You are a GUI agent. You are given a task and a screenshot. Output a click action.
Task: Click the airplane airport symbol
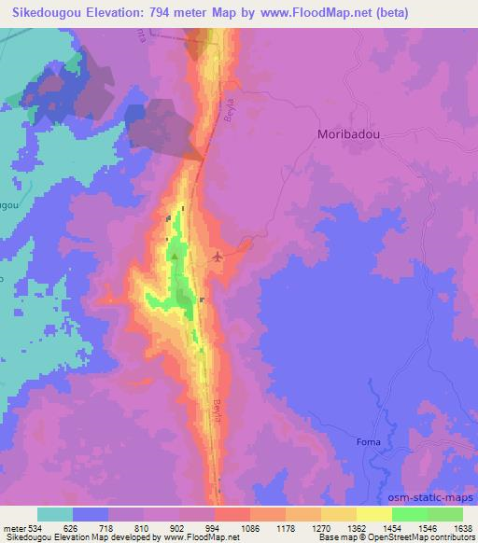[218, 256]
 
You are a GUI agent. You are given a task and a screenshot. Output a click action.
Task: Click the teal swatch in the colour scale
[55, 514]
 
